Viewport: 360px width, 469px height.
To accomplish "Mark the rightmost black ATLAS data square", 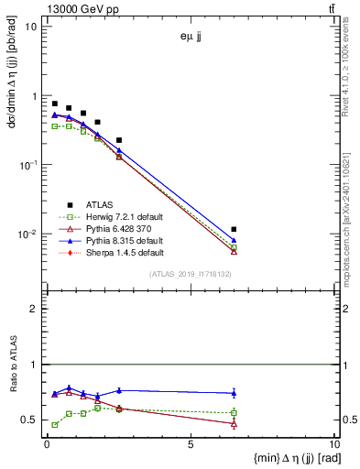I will point(234,229).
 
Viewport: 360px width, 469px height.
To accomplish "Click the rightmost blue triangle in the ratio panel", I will point(234,393).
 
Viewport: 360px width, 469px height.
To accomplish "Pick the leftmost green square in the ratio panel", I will point(55,425).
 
